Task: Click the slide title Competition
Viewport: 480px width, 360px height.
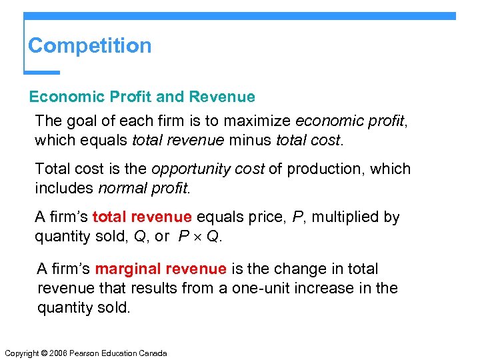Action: tap(90, 46)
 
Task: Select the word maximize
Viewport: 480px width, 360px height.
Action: tap(259, 121)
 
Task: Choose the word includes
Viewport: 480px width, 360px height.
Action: tap(64, 189)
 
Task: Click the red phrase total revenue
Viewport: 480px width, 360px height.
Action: tap(142, 217)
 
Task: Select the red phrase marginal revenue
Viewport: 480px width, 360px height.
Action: tap(161, 269)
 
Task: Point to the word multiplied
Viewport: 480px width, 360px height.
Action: tap(347, 217)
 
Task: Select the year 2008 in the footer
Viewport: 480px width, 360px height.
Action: tap(57, 353)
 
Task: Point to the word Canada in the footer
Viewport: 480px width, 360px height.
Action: tap(153, 353)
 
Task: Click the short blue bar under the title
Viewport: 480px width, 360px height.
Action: tap(42, 72)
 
